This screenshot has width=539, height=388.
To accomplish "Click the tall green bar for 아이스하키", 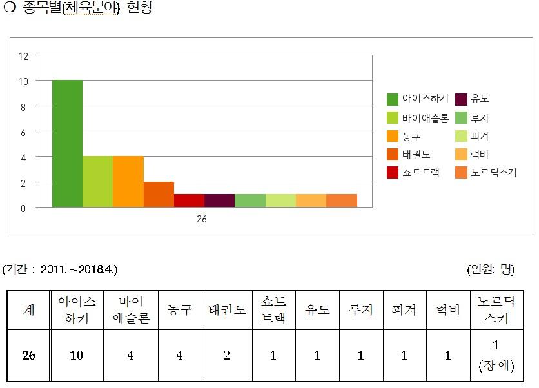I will tap(67, 144).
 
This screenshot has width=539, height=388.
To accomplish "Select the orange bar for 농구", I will tap(128, 182).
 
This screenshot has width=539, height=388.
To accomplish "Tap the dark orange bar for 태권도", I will tap(159, 195).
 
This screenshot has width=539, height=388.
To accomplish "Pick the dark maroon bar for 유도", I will tap(219, 200).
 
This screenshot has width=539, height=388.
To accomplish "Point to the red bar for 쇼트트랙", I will tap(189, 200).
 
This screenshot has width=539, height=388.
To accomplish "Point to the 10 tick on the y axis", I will tap(23, 81).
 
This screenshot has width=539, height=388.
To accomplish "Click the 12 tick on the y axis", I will tap(23, 56).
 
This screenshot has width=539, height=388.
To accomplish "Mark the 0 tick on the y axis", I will tap(23, 208).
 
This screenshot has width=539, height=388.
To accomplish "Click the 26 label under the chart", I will tap(202, 220).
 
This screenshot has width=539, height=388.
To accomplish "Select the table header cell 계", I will tap(28, 310).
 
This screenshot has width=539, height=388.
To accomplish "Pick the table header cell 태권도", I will tap(227, 310).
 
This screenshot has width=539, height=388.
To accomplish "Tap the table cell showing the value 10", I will tap(77, 356).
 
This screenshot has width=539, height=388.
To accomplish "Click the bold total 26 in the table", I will tap(28, 356).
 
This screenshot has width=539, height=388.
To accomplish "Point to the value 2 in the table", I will tap(227, 356).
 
